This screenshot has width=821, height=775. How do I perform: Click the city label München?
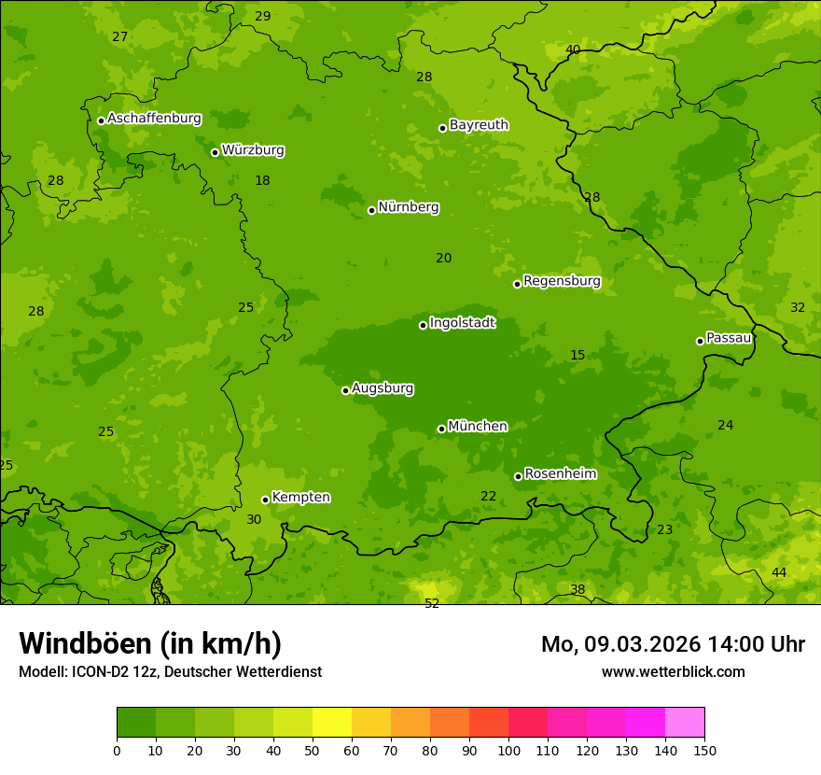(478, 427)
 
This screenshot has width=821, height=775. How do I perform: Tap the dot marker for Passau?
(700, 341)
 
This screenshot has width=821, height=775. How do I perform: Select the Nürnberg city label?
(408, 207)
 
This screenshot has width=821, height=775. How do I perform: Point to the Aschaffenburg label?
(154, 119)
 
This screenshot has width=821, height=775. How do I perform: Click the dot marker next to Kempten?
(265, 500)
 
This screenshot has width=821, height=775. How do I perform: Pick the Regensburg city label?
(562, 281)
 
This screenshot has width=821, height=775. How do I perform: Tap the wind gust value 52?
(432, 604)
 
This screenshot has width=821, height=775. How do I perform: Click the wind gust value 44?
(779, 572)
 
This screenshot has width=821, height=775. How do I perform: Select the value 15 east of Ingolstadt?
(577, 355)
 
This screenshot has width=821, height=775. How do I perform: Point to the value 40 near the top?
(573, 49)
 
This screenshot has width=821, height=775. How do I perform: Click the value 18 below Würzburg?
(262, 180)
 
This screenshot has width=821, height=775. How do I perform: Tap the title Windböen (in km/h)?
(150, 643)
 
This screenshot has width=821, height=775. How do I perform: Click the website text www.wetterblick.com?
(673, 671)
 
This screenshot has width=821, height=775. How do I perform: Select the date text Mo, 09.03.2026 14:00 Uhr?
(673, 644)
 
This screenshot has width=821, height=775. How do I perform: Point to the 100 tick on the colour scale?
(508, 750)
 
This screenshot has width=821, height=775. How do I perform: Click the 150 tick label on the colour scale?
(704, 750)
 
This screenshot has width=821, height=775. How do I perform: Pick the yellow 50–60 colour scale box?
(332, 722)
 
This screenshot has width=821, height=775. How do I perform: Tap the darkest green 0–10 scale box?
(136, 722)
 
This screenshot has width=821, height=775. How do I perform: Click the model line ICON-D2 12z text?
(170, 671)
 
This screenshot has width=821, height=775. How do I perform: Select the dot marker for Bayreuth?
(443, 128)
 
